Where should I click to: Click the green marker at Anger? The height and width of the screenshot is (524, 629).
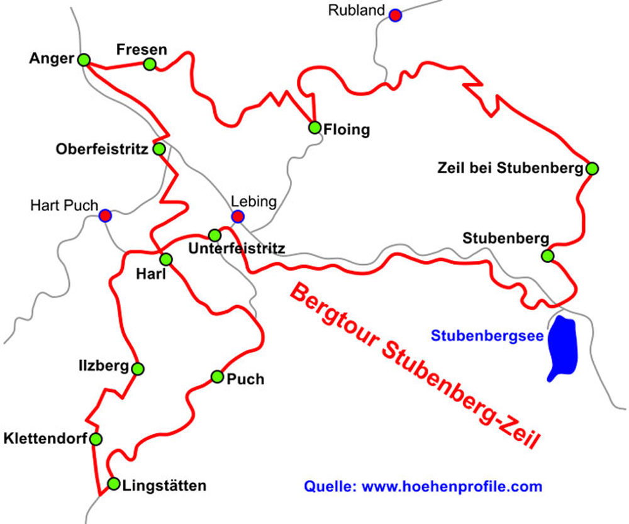[x=84, y=60]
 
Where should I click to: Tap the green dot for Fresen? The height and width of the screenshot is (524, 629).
[x=149, y=64]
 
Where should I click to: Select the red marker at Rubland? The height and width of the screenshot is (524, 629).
[x=394, y=15]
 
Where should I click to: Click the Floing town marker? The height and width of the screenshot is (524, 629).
[x=314, y=128]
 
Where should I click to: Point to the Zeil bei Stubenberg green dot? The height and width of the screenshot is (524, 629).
[x=591, y=168]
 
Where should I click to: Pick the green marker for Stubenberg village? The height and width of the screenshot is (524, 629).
[x=547, y=256]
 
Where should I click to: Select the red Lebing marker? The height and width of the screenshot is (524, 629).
[x=237, y=217]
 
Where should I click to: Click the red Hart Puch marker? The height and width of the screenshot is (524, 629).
[x=105, y=216]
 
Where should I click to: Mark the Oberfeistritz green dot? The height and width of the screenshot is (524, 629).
[x=159, y=149]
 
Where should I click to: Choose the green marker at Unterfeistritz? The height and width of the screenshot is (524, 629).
[x=214, y=235]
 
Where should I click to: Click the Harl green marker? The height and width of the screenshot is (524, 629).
[x=166, y=259]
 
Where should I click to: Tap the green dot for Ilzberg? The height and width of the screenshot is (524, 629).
[x=138, y=368]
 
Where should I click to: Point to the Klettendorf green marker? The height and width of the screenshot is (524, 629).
[x=96, y=438]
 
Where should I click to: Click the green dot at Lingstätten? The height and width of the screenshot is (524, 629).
[x=113, y=484]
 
